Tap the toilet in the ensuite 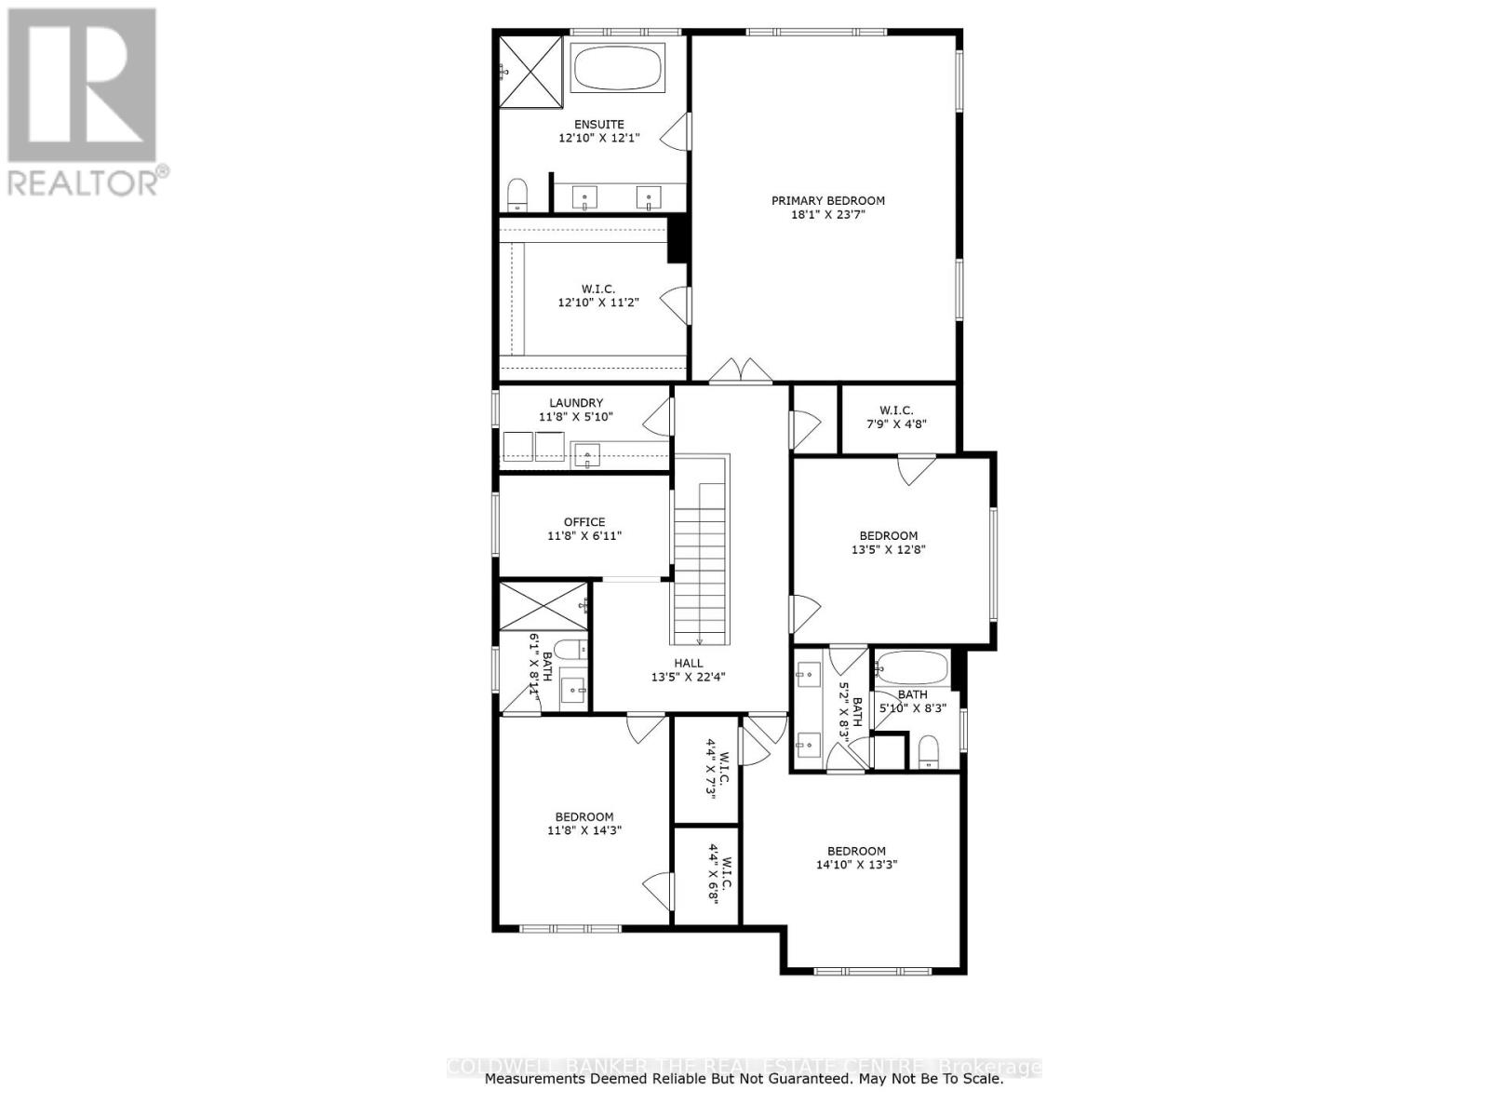coord(517,195)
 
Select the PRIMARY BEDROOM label coord(827,200)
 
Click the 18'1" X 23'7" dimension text coord(827,215)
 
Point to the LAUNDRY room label coord(576,403)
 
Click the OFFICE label coord(584,522)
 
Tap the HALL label coord(689,664)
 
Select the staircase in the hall coord(699,558)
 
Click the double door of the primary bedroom coord(740,371)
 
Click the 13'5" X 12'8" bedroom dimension coord(888,549)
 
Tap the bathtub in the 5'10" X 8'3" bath coord(913,668)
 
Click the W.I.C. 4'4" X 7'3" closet coord(706,771)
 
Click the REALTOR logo coord(84,102)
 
